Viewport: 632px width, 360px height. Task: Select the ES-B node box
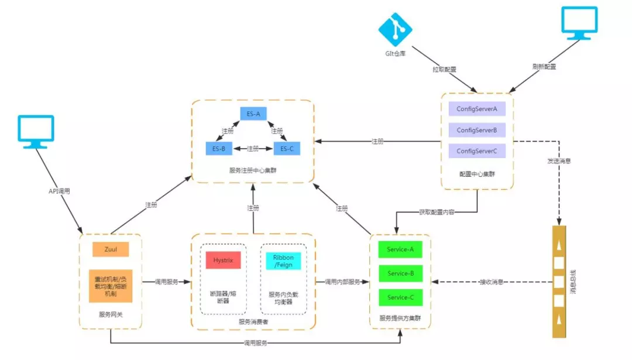pos(219,149)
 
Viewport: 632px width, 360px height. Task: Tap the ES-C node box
pos(286,149)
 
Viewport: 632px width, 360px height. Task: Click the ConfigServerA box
pos(477,109)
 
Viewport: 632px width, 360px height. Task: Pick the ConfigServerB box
pos(477,130)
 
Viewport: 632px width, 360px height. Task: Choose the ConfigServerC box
pos(477,151)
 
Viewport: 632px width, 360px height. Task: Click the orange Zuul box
pos(111,250)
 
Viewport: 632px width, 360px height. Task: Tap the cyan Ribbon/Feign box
pos(283,260)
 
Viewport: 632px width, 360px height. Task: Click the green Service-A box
pos(401,250)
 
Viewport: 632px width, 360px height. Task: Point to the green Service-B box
pos(401,274)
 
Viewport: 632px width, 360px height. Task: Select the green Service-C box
pos(401,298)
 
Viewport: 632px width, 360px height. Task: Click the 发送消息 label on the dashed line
pos(559,160)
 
